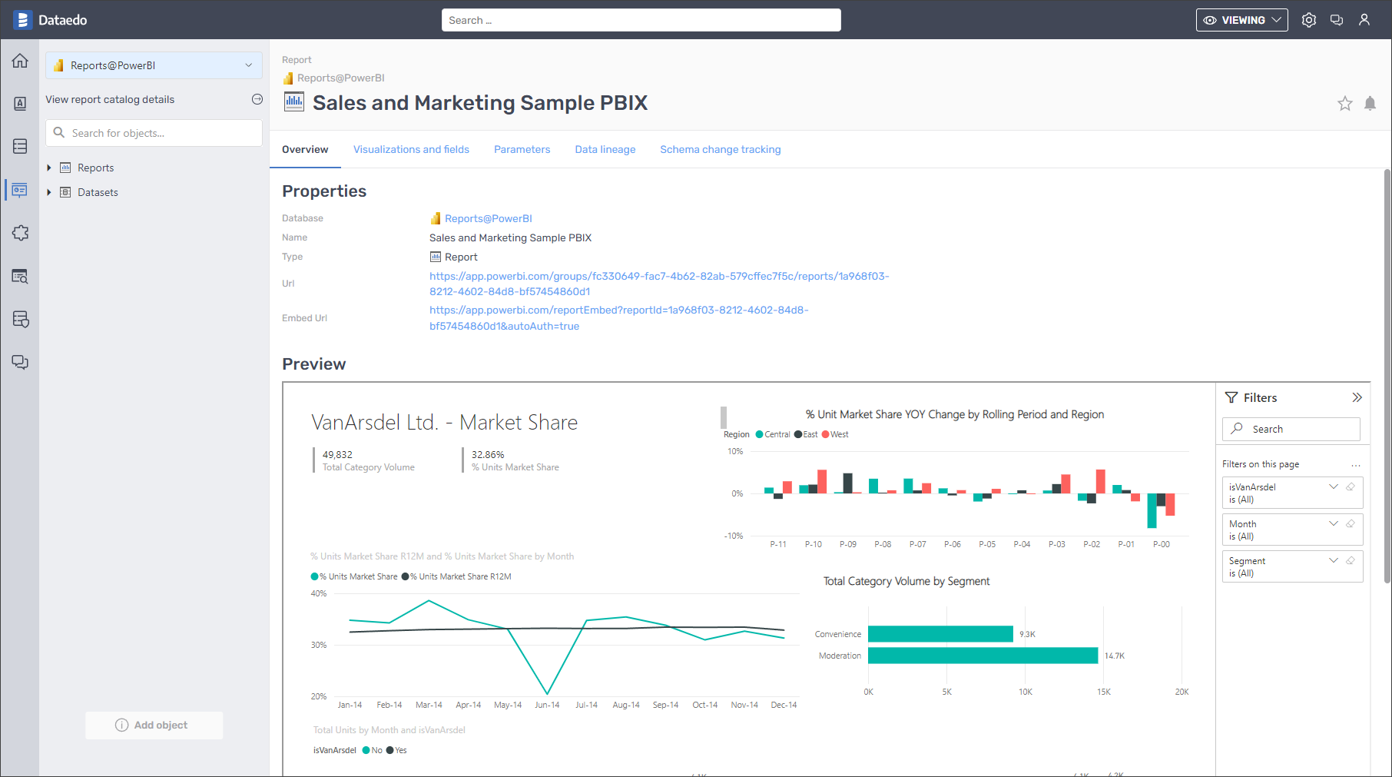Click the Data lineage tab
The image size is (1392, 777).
pos(605,149)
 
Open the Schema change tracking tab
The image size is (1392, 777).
pos(720,149)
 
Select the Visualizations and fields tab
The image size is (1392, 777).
pos(411,149)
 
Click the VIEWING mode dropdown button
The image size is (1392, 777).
pos(1241,20)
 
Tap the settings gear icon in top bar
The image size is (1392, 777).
pos(1309,20)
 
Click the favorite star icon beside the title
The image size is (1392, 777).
pos(1344,104)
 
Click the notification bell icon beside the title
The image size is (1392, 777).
pos(1370,104)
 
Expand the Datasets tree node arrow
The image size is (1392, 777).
pos(49,192)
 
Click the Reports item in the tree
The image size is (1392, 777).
pos(95,168)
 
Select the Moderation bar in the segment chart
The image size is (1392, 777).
pos(983,656)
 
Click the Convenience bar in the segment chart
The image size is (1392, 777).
pos(940,634)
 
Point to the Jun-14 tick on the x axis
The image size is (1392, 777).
pos(547,705)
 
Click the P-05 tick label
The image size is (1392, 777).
pos(987,544)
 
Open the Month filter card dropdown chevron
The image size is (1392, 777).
pos(1334,523)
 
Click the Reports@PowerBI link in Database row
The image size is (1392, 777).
pos(488,218)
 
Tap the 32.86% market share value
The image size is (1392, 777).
pos(488,455)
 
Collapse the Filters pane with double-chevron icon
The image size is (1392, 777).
pos(1357,397)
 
